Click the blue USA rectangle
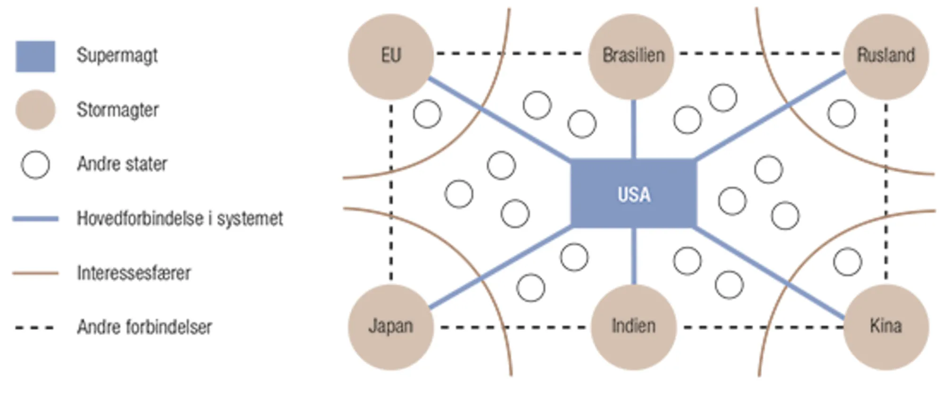[633, 193]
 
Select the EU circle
[391, 56]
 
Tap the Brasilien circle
[633, 56]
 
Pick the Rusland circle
[886, 56]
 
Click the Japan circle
[391, 327]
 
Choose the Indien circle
[633, 327]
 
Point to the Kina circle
[886, 327]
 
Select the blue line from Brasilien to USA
[633, 129]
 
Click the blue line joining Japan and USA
[500, 268]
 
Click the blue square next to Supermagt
[35, 57]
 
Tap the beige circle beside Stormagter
[35, 110]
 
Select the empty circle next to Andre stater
[35, 164]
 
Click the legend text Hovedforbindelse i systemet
[180, 219]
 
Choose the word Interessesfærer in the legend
[134, 273]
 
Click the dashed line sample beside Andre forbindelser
[34, 327]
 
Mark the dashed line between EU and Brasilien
[509, 53]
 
